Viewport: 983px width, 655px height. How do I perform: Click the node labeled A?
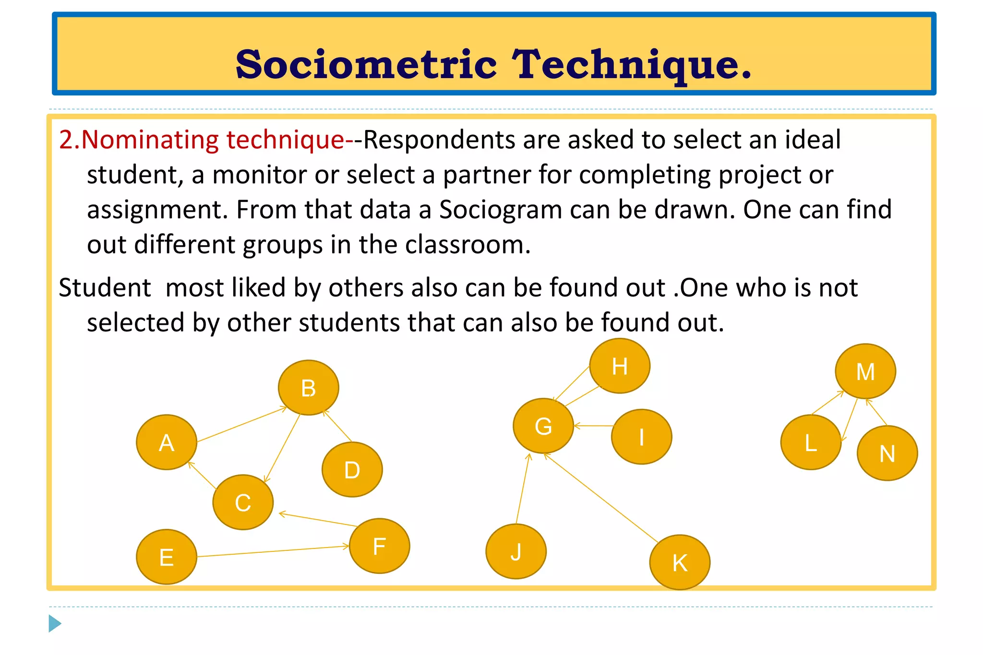(167, 442)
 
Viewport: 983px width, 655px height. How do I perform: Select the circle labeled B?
(308, 387)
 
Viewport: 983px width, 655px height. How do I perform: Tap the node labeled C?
(243, 502)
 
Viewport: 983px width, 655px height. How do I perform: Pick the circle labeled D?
(352, 469)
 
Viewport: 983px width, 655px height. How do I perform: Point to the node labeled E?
(167, 557)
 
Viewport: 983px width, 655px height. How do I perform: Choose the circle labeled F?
(379, 546)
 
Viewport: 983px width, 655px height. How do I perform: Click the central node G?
(543, 426)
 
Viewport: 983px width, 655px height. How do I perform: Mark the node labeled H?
(620, 366)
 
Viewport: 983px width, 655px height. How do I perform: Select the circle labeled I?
(641, 437)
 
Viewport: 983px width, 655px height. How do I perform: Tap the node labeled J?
(516, 551)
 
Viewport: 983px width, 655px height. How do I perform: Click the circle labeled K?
(680, 562)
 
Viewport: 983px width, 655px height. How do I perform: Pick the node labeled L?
(811, 442)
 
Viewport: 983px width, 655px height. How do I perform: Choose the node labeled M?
(865, 371)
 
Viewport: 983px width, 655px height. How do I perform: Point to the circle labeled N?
(887, 453)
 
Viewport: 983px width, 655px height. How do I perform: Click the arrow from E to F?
(273, 551)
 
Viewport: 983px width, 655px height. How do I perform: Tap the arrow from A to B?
(241, 424)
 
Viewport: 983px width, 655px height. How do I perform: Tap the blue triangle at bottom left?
(55, 623)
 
